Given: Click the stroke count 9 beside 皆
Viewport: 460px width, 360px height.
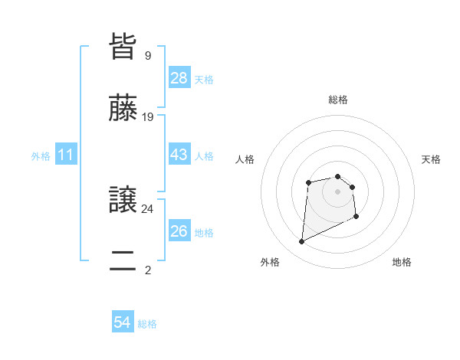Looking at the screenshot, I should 147,55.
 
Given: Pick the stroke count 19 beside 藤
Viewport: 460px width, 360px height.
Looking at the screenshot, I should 148,117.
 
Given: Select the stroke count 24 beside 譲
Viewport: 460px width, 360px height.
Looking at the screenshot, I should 148,208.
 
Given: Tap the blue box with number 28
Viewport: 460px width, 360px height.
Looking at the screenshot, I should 179,78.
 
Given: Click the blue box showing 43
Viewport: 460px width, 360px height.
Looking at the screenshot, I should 179,155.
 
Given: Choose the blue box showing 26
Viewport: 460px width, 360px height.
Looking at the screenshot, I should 179,231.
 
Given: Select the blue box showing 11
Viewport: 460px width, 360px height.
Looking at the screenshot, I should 66,155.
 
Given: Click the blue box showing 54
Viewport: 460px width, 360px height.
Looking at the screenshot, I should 123,323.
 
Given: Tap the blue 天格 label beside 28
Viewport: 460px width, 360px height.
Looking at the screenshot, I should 204,80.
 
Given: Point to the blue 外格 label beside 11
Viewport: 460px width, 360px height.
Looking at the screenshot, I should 41,156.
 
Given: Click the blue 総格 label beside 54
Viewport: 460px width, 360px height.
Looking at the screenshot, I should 147,324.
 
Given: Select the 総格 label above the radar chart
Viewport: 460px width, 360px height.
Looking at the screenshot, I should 338,100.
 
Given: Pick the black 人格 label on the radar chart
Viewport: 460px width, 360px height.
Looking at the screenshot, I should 245,159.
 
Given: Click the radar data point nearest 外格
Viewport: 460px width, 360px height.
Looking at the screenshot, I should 301,242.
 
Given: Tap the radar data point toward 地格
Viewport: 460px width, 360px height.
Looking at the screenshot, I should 356,217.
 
